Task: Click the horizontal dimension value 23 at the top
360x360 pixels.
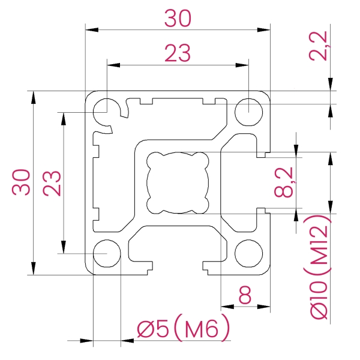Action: point(178,54)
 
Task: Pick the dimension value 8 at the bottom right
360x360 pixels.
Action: point(245,295)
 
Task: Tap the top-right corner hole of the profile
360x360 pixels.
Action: point(248,110)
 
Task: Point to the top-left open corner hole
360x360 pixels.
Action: point(106,109)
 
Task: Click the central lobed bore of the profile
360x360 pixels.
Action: point(178,182)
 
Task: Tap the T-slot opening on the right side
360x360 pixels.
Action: point(263,182)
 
